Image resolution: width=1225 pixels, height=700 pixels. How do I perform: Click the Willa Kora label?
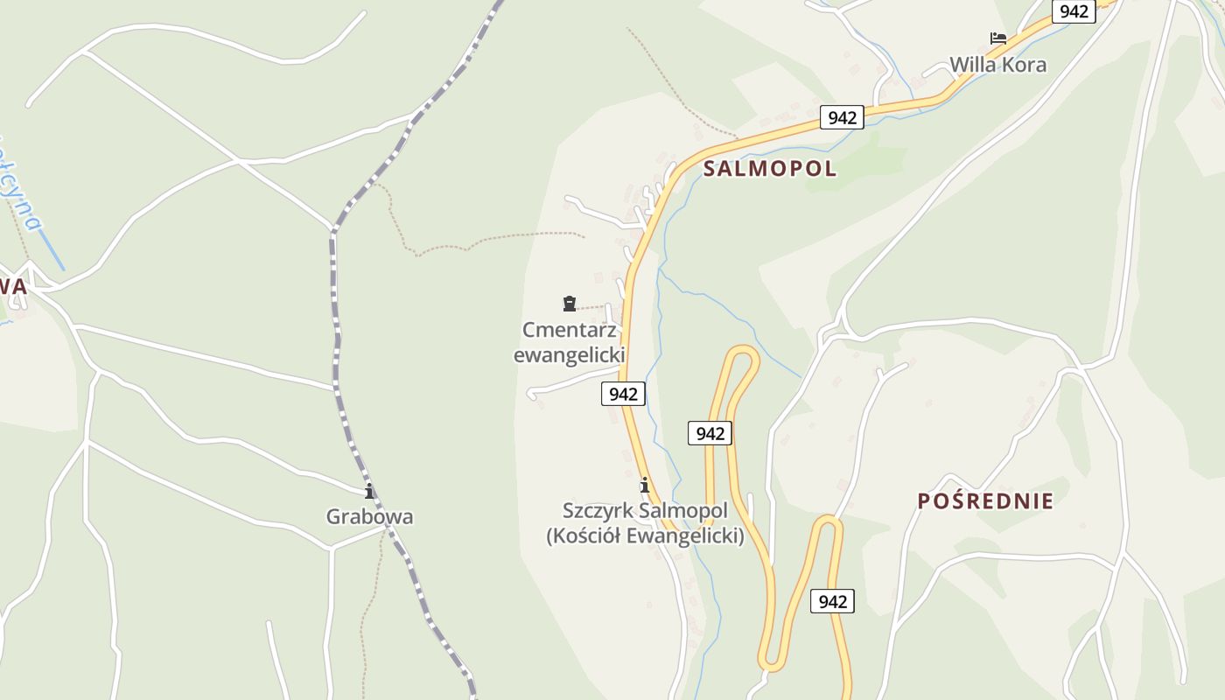click(997, 65)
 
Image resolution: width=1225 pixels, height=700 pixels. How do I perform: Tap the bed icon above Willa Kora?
click(997, 38)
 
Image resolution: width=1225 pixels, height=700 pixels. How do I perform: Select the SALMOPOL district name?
click(770, 169)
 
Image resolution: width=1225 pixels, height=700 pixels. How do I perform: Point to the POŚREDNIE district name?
click(985, 501)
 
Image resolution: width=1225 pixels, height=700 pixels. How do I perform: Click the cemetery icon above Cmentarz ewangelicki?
click(570, 304)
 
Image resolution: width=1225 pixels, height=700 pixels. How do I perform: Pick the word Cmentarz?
click(570, 331)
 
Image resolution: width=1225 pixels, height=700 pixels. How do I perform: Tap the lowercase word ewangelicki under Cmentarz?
click(569, 355)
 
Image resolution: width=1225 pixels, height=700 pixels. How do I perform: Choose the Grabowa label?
click(369, 516)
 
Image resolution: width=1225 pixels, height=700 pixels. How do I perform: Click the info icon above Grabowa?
click(369, 491)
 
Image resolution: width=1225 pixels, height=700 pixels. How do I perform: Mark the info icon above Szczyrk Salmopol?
click(645, 485)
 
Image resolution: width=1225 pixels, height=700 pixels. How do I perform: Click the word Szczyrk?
click(598, 510)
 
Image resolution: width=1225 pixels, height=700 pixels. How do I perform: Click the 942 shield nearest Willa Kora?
click(1074, 11)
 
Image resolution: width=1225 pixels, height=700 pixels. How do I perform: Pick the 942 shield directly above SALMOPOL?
click(842, 117)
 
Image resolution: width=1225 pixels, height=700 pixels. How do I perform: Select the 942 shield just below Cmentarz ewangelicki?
click(623, 394)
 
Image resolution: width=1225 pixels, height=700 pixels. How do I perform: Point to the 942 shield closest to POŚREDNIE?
click(832, 601)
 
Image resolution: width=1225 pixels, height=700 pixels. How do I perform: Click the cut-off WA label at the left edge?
click(14, 287)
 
